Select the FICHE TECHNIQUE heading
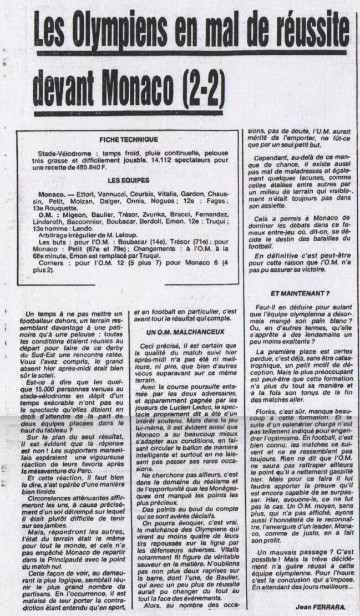point(128,139)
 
